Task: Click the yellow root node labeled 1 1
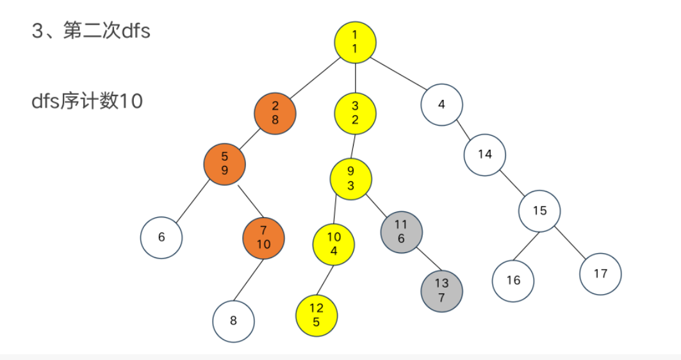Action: click(355, 42)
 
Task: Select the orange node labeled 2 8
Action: click(275, 113)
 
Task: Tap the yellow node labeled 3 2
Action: click(355, 113)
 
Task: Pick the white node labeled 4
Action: click(442, 104)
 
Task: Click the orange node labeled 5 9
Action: click(225, 164)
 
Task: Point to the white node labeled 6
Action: click(161, 238)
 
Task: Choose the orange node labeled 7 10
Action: click(263, 238)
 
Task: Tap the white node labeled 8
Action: click(233, 321)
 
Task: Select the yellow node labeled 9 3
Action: click(350, 178)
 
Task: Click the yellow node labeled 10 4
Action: click(334, 244)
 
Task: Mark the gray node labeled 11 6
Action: click(401, 231)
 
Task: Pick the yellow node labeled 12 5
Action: click(316, 315)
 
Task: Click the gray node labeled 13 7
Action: click(441, 290)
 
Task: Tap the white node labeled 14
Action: click(485, 154)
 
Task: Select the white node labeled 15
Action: click(539, 210)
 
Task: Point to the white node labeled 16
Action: click(513, 281)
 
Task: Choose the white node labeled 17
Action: click(600, 274)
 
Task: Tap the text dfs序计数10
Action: click(87, 101)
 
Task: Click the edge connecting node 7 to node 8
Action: click(249, 279)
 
